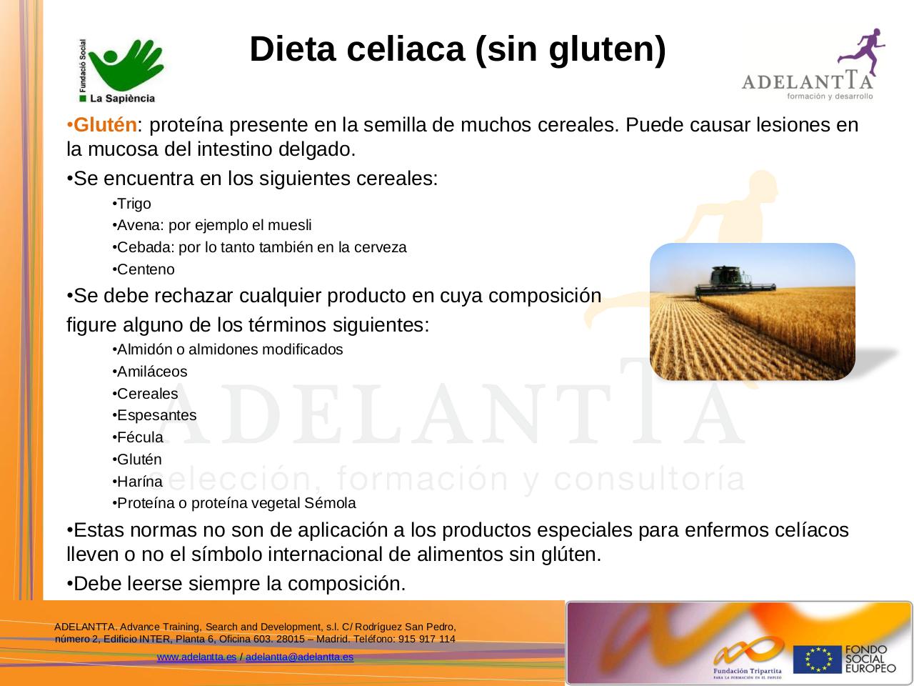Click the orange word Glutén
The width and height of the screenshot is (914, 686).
105,125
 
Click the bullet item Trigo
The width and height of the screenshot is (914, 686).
134,204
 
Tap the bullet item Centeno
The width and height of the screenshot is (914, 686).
146,269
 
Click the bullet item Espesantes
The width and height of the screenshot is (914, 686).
156,415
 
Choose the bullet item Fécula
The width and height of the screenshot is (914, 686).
140,437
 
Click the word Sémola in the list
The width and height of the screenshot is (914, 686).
330,503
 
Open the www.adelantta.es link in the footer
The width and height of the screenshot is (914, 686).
196,657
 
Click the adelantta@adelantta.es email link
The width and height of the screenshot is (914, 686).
299,657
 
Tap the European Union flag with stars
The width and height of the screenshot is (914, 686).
817,660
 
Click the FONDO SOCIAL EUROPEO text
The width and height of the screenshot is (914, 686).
870,660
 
